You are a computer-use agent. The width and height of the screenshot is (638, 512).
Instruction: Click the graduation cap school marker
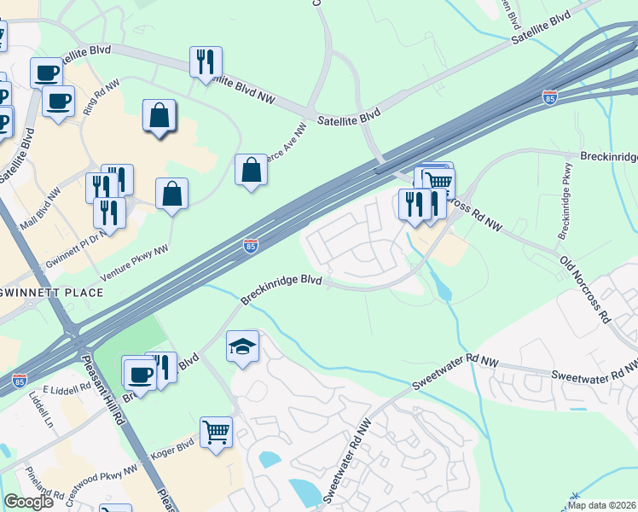point(242,346)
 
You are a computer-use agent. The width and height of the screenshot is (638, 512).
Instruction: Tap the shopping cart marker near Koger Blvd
point(217,432)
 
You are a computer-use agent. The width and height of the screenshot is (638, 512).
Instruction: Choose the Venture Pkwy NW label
point(135,262)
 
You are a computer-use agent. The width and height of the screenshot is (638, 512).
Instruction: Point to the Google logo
point(29,502)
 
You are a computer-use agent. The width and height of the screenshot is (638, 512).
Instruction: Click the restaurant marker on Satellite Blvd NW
point(206,61)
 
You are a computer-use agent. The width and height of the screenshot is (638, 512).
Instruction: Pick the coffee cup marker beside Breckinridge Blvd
point(139,373)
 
